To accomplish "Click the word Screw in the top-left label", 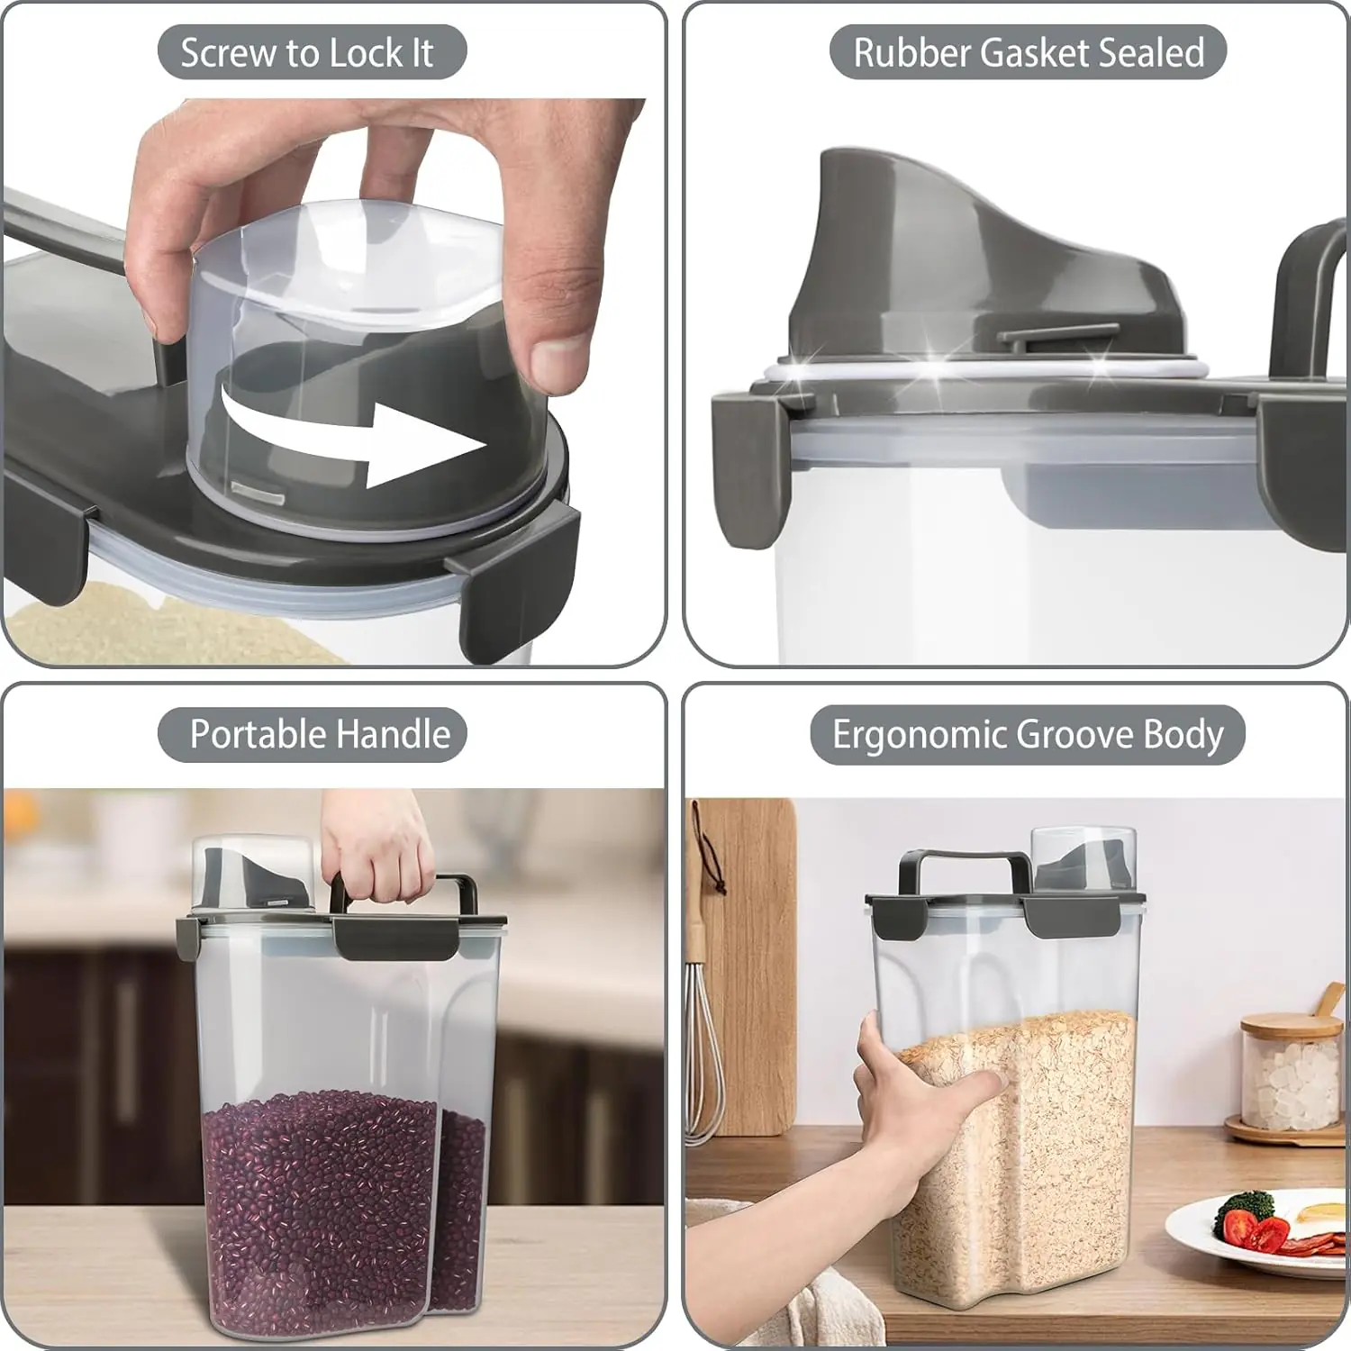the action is point(230,53).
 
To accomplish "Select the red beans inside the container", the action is point(342,1207).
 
